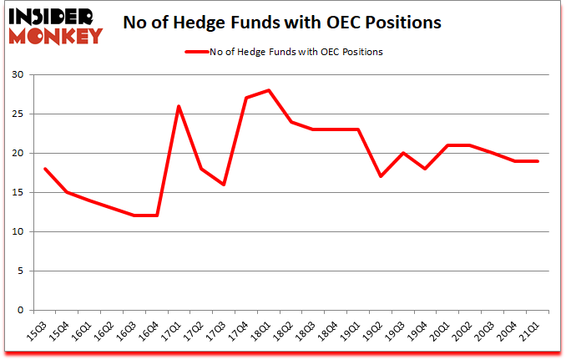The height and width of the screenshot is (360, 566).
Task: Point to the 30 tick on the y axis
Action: (19, 75)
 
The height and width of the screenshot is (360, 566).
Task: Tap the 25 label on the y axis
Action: (19, 114)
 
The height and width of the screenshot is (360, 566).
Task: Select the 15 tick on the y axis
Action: (19, 193)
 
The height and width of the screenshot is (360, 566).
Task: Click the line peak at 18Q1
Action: (270, 90)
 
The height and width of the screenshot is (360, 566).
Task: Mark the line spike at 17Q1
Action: (179, 106)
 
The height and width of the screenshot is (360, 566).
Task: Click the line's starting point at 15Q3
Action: (45, 169)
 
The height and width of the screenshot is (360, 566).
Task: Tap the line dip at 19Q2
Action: (382, 176)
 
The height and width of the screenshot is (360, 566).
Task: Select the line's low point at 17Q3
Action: (225, 185)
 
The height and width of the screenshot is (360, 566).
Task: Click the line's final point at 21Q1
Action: (538, 161)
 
